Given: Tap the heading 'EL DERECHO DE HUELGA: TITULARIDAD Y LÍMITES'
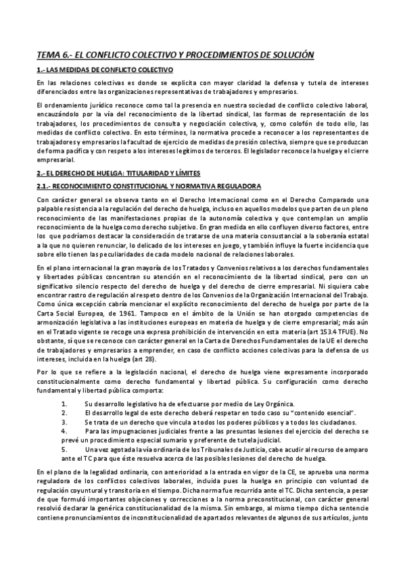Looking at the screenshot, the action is [111, 174].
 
